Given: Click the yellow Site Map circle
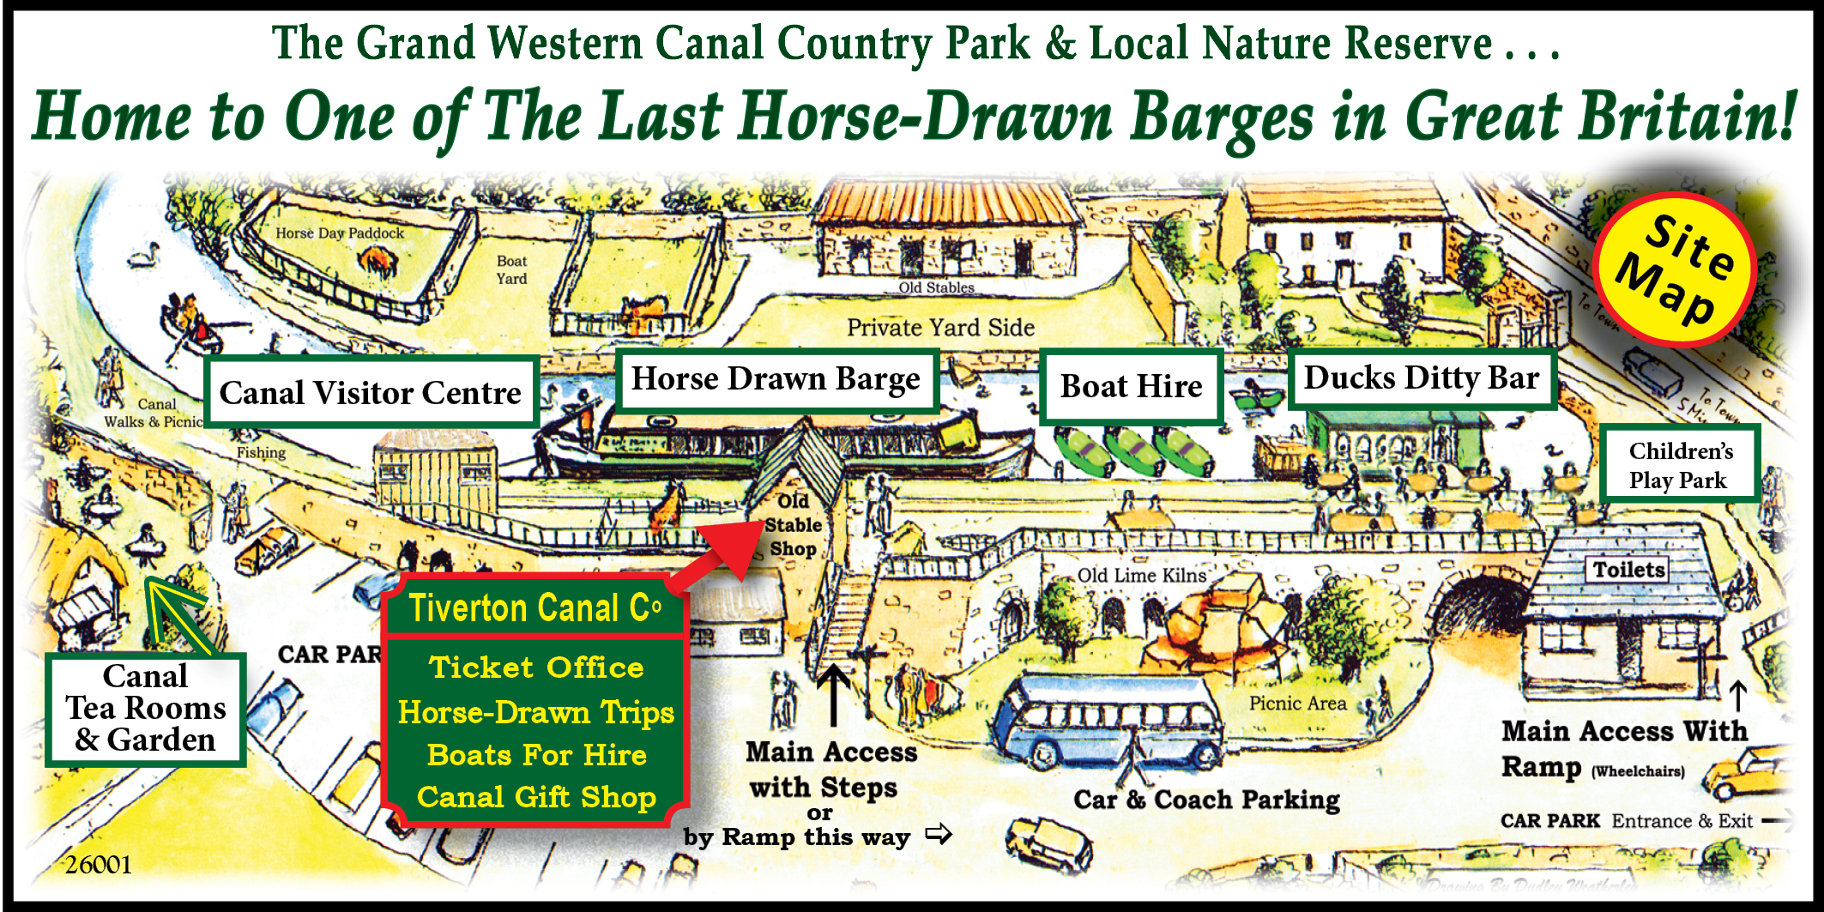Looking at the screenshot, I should coord(1673,269).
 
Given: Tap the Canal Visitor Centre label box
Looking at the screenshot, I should coord(371,393).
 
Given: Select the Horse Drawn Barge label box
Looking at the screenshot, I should coord(776,379).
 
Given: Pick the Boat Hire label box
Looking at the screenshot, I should coord(1131,387).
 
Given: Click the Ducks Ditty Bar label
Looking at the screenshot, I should coord(1422,378).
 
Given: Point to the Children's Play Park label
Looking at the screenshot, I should coord(1680,465).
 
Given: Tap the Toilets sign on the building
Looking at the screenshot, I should coord(1628,570).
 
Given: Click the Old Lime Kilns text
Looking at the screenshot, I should coord(1141,576).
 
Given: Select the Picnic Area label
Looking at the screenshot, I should coord(1297,704).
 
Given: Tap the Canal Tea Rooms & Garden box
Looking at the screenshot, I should coord(146,709).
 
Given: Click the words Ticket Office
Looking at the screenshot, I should coord(536,667).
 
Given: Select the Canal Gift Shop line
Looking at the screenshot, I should coord(536,797).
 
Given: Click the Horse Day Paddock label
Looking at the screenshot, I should coord(340,233).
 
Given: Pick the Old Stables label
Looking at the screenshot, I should coord(936,287).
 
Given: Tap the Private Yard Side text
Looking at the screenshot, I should coord(940,328).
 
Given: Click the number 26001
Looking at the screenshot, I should coord(99,865).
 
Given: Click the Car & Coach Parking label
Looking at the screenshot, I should coord(1206,800).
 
